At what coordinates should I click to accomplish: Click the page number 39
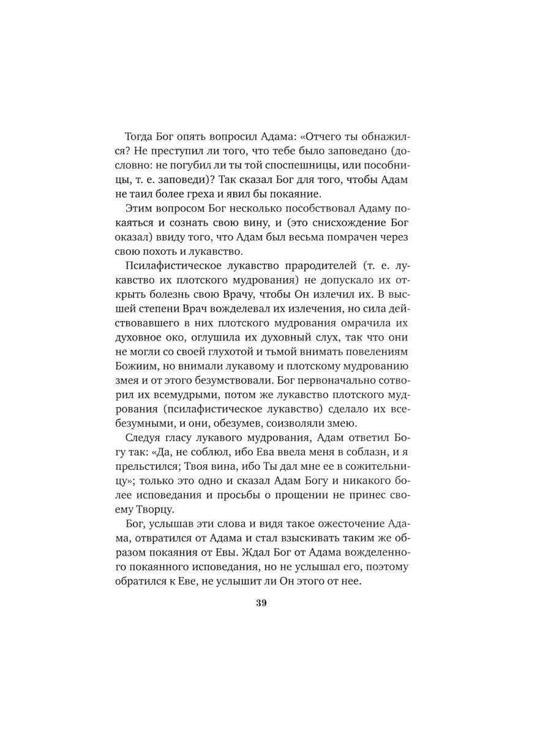261,603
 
